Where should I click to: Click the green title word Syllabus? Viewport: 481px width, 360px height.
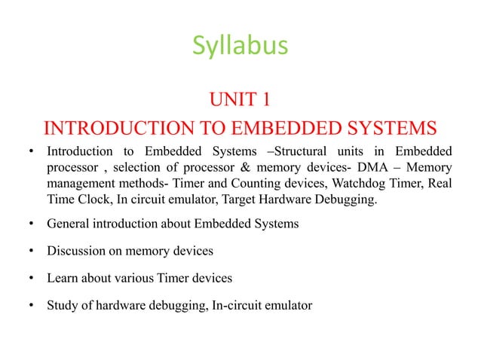(x=240, y=46)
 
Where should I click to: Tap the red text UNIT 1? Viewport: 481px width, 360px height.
(x=240, y=98)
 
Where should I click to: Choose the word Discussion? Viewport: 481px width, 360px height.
(x=76, y=251)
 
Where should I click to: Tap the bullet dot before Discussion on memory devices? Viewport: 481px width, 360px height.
(x=32, y=252)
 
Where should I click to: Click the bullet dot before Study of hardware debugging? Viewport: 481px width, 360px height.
(x=32, y=307)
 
